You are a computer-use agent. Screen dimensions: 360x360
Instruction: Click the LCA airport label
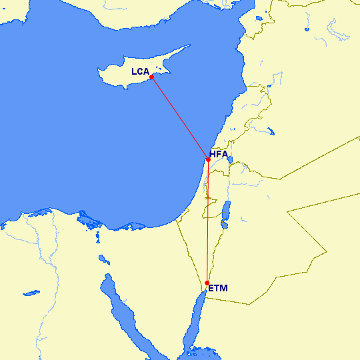140,71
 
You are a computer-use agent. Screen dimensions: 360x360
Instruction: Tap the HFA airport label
219,155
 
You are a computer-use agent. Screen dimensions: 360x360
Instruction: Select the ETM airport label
218,289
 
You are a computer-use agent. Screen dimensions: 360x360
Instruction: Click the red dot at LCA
152,77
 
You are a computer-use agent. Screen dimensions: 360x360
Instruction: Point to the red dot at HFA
209,159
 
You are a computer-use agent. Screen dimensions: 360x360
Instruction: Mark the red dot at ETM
208,283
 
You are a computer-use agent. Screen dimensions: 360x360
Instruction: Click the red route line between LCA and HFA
180,118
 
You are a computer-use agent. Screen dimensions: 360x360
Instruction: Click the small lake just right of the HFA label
230,161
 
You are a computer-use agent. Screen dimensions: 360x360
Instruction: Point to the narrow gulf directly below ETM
198,313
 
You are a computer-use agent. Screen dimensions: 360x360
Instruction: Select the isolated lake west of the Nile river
29,292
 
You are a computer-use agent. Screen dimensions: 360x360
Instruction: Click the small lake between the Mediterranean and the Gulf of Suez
103,259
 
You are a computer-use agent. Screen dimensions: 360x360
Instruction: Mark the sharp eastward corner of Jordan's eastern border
326,251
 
